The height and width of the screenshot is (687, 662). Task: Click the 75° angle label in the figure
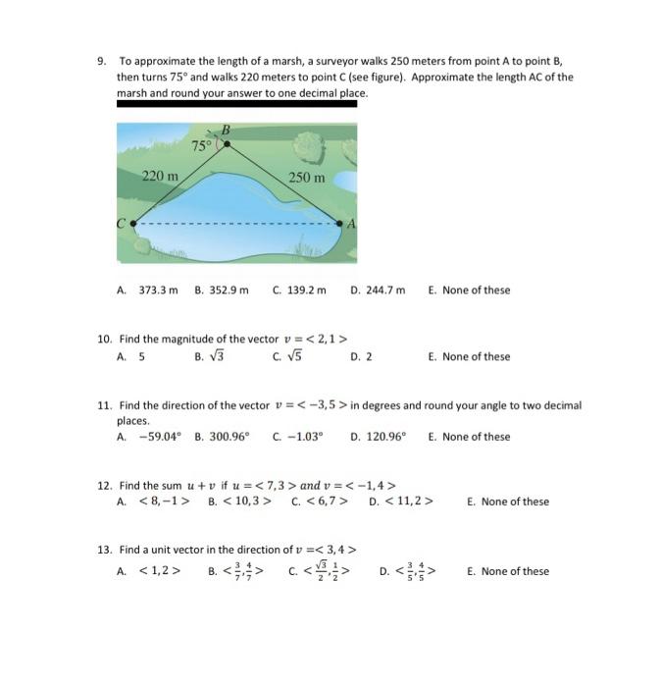pos(201,145)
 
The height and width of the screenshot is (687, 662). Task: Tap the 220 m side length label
pos(160,177)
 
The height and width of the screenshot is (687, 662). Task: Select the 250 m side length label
pos(306,178)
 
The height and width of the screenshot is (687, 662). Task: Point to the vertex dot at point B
pos(228,143)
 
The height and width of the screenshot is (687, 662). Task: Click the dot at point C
pos(133,224)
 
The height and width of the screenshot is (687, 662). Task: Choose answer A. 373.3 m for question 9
pos(147,290)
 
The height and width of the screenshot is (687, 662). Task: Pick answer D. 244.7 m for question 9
pos(378,290)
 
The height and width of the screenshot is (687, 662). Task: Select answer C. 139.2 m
pos(299,290)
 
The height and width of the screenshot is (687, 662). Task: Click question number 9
pos(101,61)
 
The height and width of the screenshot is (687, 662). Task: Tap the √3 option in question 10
pos(211,356)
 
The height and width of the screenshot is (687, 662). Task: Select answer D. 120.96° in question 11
pos(378,437)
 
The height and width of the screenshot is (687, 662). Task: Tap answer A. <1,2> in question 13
pos(148,571)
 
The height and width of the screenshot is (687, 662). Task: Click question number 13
pos(104,550)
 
